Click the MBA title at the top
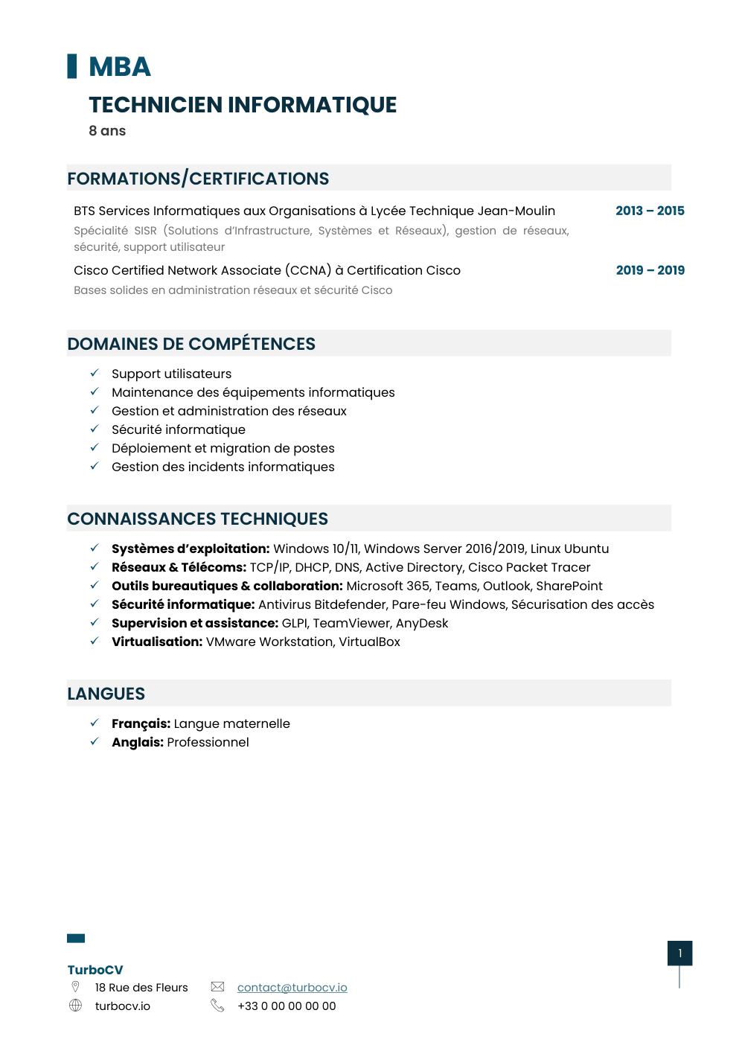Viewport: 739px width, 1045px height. point(119,67)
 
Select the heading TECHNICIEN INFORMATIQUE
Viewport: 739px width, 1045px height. point(243,105)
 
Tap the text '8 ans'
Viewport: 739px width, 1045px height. point(107,131)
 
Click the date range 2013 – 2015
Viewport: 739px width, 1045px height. point(650,211)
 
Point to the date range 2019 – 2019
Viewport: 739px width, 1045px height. point(650,270)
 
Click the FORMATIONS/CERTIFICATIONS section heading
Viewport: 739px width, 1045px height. point(198,179)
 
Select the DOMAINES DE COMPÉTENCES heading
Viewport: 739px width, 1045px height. point(191,344)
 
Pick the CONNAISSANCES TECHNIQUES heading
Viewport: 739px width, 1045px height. point(197,519)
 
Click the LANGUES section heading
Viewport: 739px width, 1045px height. point(106,694)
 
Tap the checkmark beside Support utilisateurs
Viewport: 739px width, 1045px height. point(95,373)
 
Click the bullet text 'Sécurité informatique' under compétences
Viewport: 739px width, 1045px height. point(178,429)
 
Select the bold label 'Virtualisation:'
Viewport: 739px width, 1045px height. point(157,642)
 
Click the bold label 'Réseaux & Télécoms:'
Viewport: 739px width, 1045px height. point(179,567)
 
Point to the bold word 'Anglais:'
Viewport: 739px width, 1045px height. point(138,742)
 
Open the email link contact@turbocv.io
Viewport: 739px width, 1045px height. point(292,988)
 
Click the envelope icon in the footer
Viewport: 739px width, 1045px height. point(217,987)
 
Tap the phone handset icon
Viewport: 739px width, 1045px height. point(217,1006)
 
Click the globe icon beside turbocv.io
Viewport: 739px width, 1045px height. point(75,1006)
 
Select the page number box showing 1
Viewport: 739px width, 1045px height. point(679,953)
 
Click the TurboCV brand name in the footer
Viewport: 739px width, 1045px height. point(95,970)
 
